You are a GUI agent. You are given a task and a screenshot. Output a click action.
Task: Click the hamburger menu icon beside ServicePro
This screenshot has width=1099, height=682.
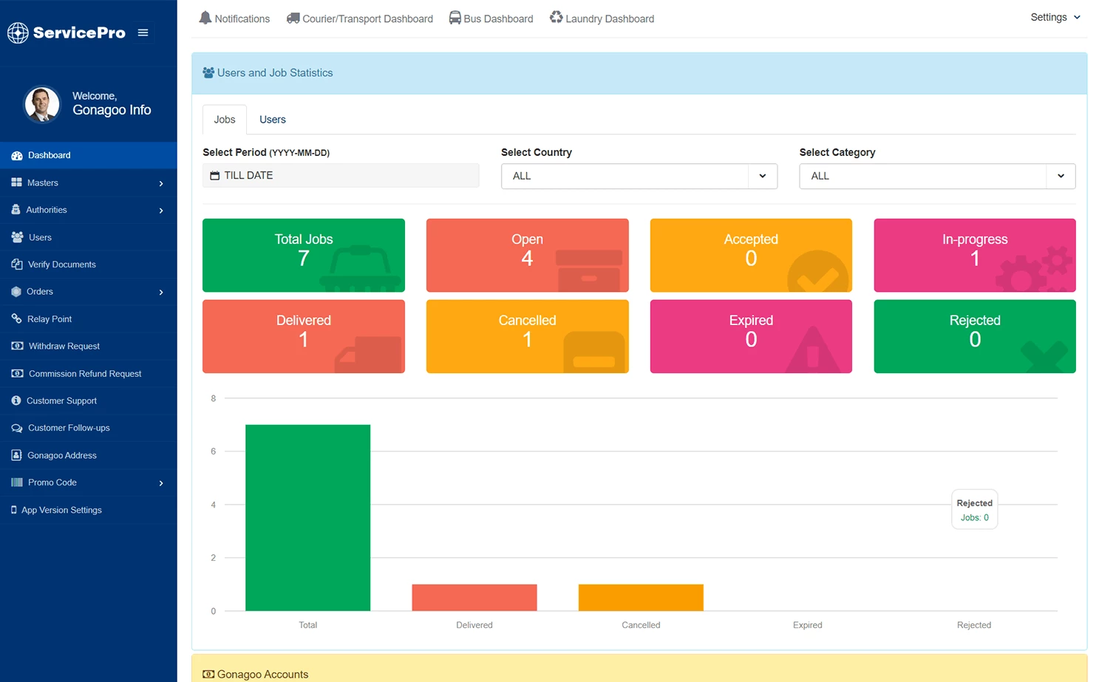point(143,33)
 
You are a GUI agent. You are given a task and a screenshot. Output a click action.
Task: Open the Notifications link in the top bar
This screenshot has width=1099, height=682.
point(234,18)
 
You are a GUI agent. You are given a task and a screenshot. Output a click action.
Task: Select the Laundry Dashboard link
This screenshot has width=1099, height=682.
point(602,18)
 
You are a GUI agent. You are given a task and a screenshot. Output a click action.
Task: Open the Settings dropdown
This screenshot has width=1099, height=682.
point(1055,17)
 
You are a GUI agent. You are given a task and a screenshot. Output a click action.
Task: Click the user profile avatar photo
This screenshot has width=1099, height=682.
point(42,104)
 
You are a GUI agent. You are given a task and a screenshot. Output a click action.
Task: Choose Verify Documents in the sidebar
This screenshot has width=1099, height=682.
point(61,265)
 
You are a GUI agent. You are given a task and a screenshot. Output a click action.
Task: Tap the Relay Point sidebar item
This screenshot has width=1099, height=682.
point(50,319)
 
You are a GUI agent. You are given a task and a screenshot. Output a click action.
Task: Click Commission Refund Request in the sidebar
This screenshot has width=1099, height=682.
point(84,374)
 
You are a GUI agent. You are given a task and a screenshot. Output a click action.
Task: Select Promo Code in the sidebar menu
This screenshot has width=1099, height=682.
point(52,482)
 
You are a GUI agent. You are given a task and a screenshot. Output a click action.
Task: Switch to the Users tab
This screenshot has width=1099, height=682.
point(272,120)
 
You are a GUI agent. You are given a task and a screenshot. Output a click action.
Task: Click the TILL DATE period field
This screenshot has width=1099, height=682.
point(340,176)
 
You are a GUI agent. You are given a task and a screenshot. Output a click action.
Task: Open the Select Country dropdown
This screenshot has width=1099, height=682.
point(639,176)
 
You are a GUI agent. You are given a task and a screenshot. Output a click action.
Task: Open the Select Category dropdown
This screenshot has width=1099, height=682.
point(936,176)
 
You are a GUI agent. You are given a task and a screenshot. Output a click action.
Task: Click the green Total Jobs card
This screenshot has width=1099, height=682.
point(303,255)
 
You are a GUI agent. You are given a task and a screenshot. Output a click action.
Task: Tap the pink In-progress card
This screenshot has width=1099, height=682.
point(974,255)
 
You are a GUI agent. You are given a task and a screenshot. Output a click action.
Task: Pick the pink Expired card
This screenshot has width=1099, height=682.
point(750,336)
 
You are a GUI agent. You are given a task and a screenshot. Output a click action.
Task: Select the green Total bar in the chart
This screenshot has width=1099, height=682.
point(307,517)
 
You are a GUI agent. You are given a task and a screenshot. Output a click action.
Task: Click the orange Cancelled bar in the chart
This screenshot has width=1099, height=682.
point(640,597)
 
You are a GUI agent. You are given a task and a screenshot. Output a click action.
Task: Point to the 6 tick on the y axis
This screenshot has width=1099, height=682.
point(214,451)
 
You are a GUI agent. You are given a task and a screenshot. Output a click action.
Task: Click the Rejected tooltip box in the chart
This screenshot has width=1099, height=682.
point(974,510)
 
